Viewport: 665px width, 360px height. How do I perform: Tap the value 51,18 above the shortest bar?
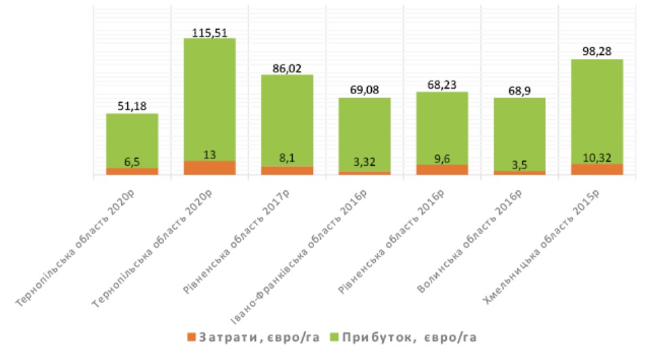[x=131, y=105]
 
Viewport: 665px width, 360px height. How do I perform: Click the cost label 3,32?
[x=364, y=162]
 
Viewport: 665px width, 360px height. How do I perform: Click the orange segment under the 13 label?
[x=209, y=168]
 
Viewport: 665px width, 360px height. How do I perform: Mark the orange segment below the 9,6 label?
[x=442, y=170]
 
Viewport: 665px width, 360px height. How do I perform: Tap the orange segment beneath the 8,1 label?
[x=286, y=171]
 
